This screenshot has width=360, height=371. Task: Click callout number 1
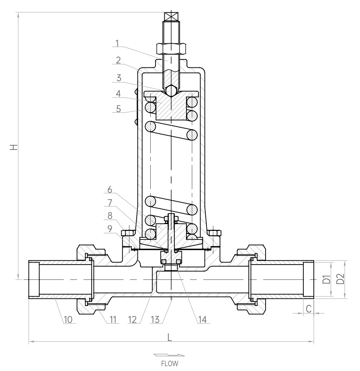click(117, 43)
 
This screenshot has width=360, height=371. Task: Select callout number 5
click(119, 109)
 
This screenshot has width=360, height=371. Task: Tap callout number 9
click(110, 229)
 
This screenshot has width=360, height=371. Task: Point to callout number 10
click(68, 320)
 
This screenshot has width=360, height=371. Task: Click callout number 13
click(155, 320)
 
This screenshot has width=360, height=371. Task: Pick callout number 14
click(202, 320)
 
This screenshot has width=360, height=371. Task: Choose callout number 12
click(133, 320)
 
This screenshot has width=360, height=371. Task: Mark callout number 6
click(110, 190)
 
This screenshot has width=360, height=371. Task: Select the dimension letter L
click(169, 337)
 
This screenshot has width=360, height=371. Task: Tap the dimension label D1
click(327, 279)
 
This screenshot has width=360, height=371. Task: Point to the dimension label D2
click(340, 279)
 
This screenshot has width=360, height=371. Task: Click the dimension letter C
click(309, 309)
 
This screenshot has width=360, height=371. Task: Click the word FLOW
click(170, 363)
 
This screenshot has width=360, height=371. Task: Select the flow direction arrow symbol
click(169, 355)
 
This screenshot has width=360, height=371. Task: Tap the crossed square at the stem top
click(171, 16)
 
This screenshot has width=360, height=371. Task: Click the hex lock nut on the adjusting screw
click(171, 48)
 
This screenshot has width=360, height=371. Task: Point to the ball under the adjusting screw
click(171, 91)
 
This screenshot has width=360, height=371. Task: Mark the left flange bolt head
click(127, 233)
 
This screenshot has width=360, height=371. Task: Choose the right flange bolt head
click(215, 233)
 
